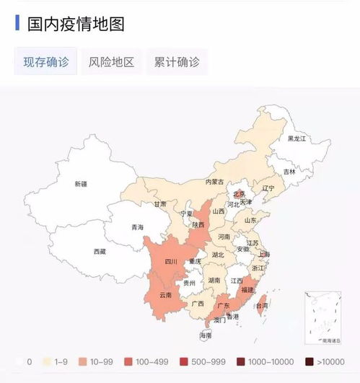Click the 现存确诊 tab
[46, 62]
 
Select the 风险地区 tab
[111, 62]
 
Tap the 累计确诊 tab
[177, 62]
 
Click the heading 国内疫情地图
[76, 24]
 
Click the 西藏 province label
[99, 252]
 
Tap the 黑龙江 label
[297, 138]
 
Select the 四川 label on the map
[170, 262]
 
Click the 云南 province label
[165, 295]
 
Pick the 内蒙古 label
[214, 182]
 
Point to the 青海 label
[137, 227]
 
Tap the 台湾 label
[260, 306]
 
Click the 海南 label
[206, 335]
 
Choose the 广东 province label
[224, 305]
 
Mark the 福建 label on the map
[247, 289]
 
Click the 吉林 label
[289, 172]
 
